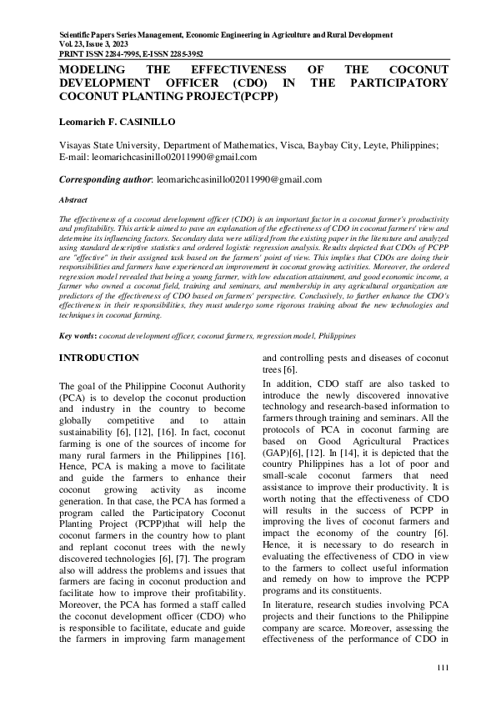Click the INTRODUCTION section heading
point(98,358)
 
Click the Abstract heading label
point(75,201)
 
